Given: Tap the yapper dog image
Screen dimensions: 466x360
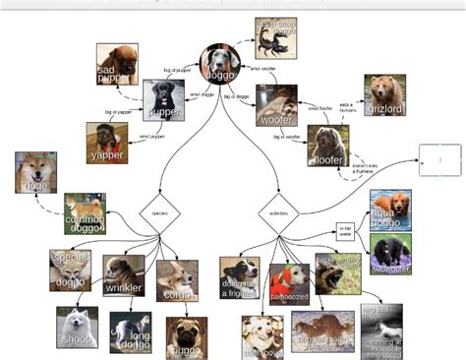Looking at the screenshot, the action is tap(107, 142).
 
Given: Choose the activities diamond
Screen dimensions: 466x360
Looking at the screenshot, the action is tap(277, 211).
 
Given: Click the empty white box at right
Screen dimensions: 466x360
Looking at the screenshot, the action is tap(438, 158).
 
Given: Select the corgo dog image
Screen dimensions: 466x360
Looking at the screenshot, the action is tap(177, 279).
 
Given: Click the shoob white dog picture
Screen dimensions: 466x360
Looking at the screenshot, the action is tap(77, 327).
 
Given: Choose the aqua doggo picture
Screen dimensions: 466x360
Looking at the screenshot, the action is tap(390, 210).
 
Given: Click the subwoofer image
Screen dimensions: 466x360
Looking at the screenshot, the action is tap(391, 253).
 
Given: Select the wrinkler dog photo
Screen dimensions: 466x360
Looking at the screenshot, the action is tap(124, 275).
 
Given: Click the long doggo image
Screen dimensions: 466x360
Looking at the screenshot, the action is tap(130, 332).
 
